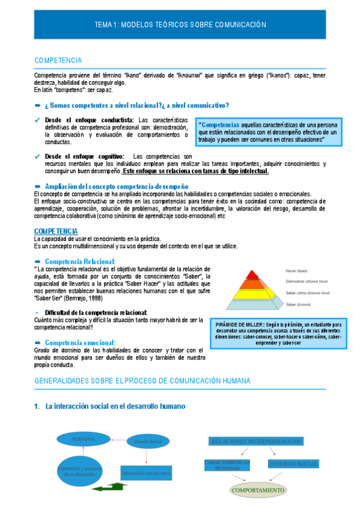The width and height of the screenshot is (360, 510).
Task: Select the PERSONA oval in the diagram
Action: (x=83, y=440)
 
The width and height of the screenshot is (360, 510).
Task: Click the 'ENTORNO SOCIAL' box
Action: (x=293, y=464)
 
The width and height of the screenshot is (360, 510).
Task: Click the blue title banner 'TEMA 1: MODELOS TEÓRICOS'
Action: (x=180, y=25)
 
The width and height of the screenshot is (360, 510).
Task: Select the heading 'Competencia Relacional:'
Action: (x=80, y=262)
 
